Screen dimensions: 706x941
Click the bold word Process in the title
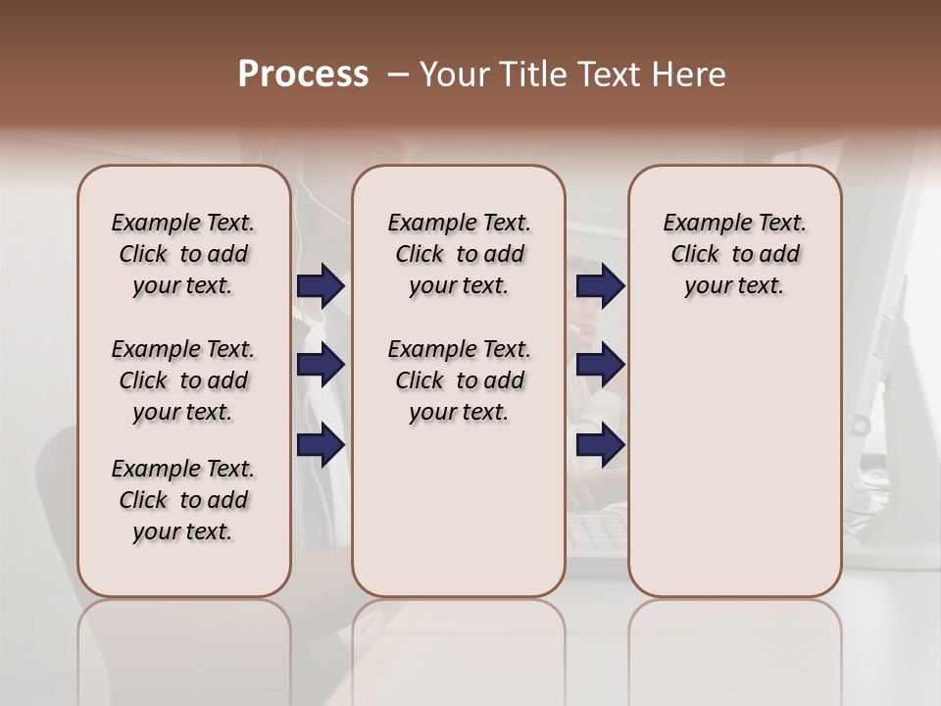tap(303, 75)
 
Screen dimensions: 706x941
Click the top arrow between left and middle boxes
tap(321, 285)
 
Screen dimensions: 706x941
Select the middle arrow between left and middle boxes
tap(321, 365)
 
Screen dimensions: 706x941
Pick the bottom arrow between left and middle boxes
tap(321, 445)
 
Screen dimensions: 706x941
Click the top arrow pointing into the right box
tap(601, 285)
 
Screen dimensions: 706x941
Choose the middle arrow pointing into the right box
tap(601, 365)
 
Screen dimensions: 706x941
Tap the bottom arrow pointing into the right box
tap(601, 445)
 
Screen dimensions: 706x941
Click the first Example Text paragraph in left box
tap(183, 254)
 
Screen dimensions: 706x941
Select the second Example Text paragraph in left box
tap(183, 380)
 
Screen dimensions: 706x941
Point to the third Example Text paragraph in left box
tap(183, 500)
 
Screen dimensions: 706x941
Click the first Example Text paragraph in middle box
tap(459, 254)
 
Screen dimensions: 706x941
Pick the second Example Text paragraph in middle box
tap(459, 380)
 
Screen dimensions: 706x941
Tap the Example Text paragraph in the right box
tap(735, 254)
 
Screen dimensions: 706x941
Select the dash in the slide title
tap(398, 75)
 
